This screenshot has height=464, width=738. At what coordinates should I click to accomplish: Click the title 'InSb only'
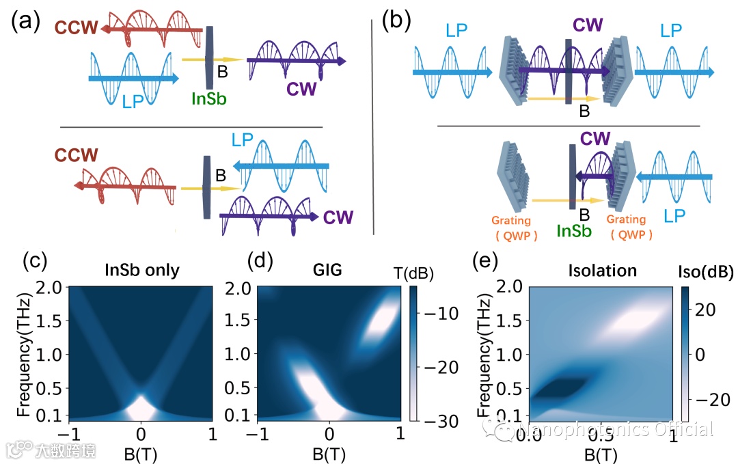click(141, 270)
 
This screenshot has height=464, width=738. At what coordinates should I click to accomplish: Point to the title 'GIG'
click(330, 270)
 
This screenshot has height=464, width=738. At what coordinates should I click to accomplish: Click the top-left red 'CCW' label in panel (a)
click(74, 29)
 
